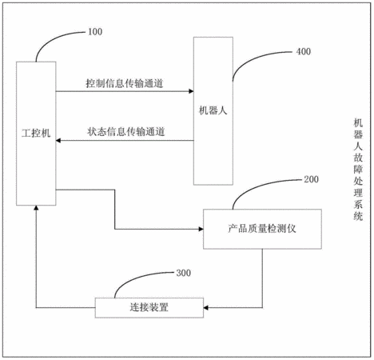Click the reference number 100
pos(95,32)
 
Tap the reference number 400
pos(304,51)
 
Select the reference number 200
pos(311,179)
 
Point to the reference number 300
pos(184,273)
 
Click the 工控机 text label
pos(36,133)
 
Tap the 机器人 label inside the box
pos(213,110)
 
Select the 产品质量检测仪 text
pos(262,229)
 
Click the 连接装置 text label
pos(149,307)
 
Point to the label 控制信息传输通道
pos(125,83)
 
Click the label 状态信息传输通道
pos(126,131)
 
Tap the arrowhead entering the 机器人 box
pos(191,91)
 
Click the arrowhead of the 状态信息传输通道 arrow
pos(58,140)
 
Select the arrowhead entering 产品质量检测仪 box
pos(201,229)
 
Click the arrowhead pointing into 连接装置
pos(206,308)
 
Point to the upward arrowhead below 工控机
pos(36,208)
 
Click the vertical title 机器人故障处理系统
pos(358,170)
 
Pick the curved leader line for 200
pos(253,186)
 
